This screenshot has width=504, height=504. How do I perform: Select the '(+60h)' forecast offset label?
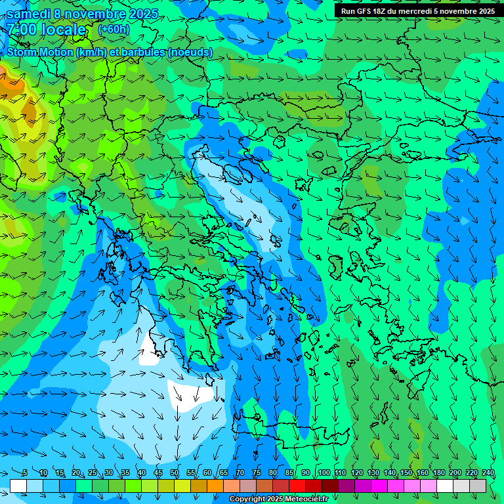(114, 29)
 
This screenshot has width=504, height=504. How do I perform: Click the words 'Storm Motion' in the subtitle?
(39, 52)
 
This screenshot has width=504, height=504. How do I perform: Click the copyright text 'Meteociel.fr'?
(305, 499)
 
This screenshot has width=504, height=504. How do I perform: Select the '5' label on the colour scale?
(25, 473)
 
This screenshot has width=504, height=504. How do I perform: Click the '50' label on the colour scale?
(175, 473)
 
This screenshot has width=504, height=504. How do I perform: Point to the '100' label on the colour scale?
(324, 473)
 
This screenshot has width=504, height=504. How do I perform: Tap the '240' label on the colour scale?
(488, 473)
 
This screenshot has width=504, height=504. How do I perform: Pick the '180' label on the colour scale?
(438, 473)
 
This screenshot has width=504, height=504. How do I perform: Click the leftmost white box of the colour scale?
(18, 486)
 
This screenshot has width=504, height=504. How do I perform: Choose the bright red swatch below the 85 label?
(297, 486)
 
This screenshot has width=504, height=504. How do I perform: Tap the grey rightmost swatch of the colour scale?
(478, 486)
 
